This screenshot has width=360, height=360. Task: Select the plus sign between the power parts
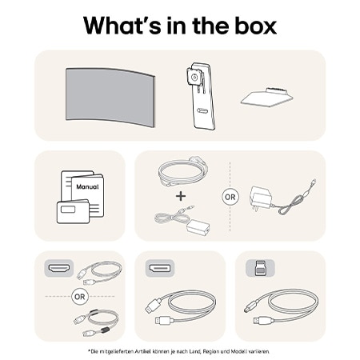click(x=181, y=195)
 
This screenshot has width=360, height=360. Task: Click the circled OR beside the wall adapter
click(x=230, y=196)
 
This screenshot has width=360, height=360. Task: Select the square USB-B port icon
click(x=260, y=266)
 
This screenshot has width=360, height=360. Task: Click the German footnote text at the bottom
click(x=179, y=351)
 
